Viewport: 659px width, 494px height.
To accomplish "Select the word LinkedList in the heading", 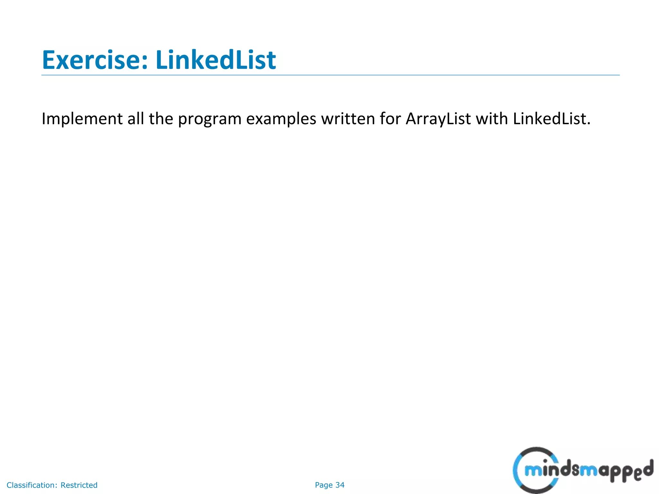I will pos(216,60).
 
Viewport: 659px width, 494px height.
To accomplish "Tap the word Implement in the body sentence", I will pos(82,119).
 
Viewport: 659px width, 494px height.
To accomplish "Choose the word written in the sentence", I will pos(348,119).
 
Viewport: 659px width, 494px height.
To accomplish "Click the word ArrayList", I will pos(438,119).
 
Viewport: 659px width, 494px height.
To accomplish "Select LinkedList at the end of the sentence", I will pos(549,119).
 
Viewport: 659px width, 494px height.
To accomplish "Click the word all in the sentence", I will pos(135,119).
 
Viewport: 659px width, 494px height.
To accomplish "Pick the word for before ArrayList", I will pos(390,119).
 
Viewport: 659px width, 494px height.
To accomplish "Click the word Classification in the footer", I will pos(32,485).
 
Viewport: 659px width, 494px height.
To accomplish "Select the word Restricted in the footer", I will pos(79,485).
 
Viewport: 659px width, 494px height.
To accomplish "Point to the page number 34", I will pos(340,485).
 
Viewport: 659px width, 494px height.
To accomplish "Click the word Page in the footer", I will pos(323,485).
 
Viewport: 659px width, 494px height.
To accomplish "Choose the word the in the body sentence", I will pos(161,119).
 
